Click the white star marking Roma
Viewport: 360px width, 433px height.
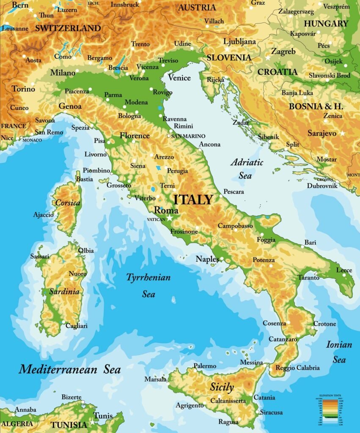[x=170, y=217]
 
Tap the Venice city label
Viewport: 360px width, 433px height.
[x=179, y=77]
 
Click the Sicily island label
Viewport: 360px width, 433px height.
[x=222, y=387]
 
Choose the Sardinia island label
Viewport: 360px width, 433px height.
[x=64, y=291]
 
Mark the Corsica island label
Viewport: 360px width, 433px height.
[x=68, y=203]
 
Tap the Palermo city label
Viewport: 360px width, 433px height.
[x=205, y=366]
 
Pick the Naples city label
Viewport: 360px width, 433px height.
[x=207, y=259]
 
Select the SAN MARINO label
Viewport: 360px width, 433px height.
[x=188, y=136]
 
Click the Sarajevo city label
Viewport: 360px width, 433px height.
[x=322, y=133]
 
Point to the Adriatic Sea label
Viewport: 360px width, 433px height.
[x=247, y=168]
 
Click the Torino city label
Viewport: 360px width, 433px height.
[x=23, y=89]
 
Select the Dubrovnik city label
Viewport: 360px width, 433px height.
[x=322, y=186]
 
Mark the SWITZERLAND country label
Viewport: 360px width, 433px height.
[x=68, y=29]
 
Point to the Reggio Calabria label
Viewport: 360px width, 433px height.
[x=297, y=368]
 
